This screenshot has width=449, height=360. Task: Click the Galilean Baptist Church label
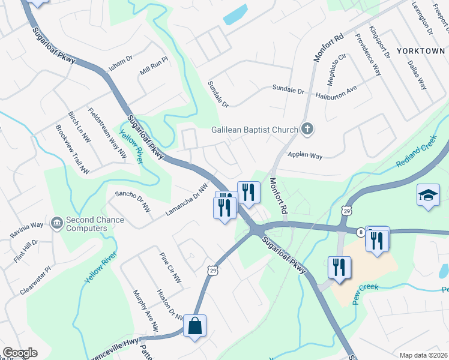(255, 130)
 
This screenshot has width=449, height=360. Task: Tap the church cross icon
(307, 128)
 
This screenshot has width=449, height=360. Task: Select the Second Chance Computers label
(95, 224)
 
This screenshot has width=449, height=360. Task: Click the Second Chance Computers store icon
(57, 223)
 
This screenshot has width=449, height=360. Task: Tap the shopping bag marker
(194, 326)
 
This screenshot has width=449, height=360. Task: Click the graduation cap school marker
(429, 196)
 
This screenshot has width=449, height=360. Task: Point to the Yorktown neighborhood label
(420, 51)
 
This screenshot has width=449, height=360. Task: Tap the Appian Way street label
(305, 155)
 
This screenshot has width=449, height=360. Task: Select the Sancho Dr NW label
(133, 201)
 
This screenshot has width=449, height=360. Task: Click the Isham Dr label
(120, 68)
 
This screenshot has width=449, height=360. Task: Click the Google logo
(20, 353)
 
